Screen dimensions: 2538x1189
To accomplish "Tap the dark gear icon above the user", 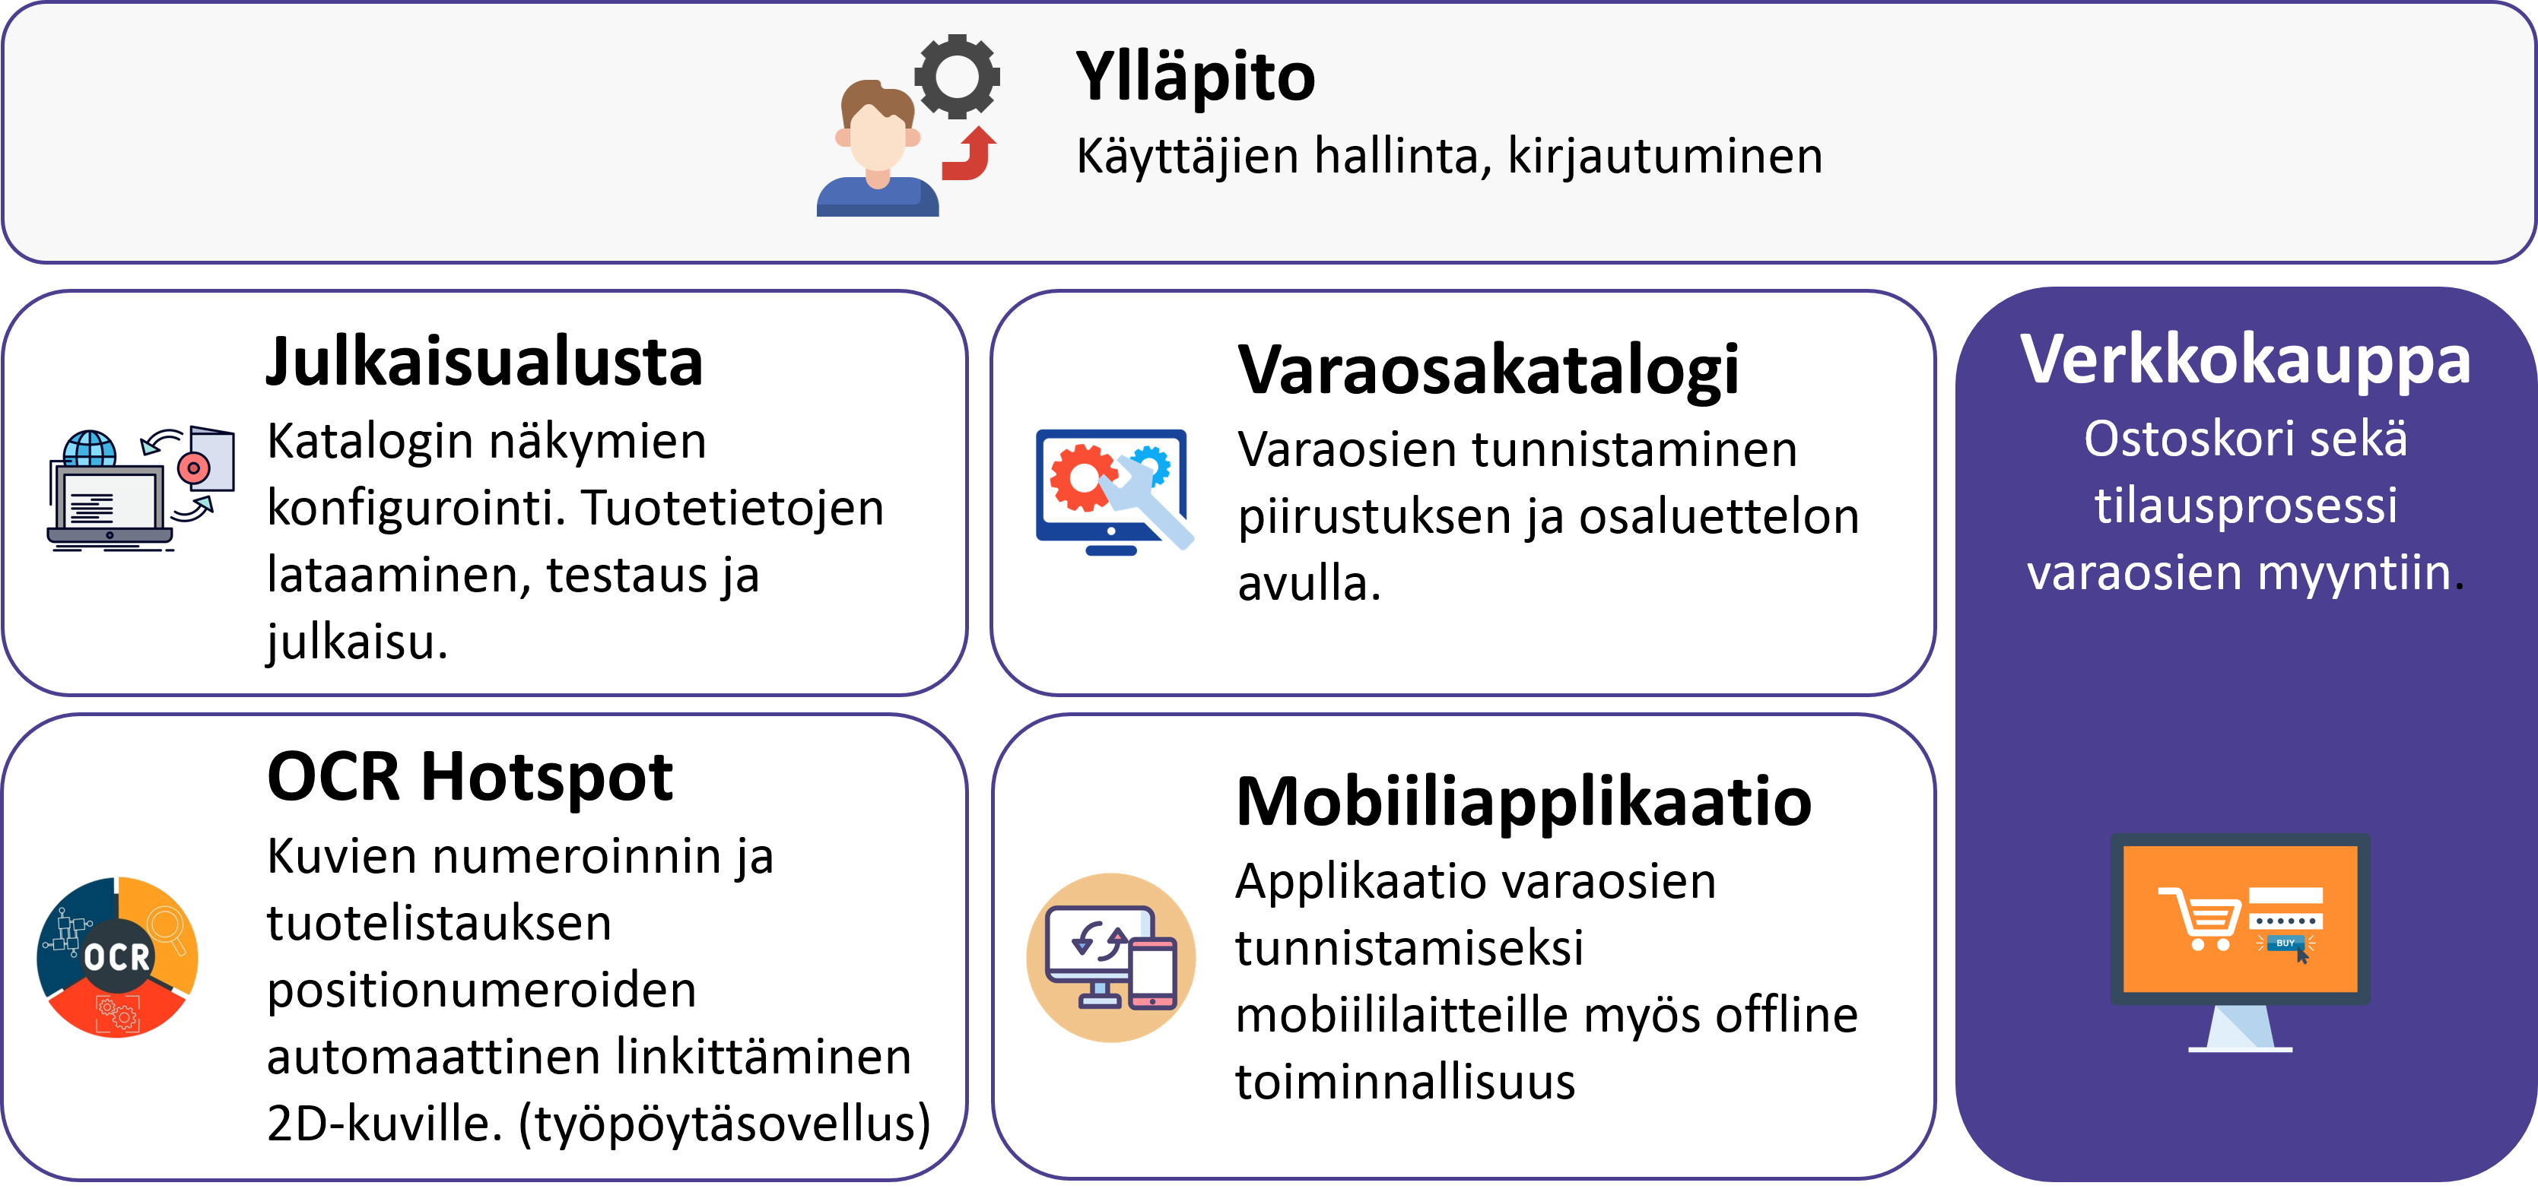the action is [x=957, y=76].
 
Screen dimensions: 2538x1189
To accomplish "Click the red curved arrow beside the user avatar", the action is [x=968, y=154].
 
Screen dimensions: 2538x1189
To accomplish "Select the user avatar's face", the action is [x=877, y=138].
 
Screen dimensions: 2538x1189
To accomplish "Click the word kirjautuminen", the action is [x=1665, y=157].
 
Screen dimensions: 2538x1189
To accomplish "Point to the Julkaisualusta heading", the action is [x=484, y=362].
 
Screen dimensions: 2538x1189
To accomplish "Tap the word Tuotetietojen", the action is [x=732, y=509].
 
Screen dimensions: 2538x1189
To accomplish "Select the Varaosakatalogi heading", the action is [x=1488, y=372].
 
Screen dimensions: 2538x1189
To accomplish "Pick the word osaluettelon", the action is [x=1720, y=517].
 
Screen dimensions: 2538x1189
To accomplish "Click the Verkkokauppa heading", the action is [x=2245, y=360].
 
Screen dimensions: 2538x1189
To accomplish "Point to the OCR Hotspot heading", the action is [x=470, y=777].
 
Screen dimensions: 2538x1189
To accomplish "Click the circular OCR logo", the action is [x=117, y=956].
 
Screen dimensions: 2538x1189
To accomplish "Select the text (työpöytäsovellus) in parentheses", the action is [x=724, y=1124].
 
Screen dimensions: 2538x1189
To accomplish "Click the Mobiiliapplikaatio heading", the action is [x=1523, y=802].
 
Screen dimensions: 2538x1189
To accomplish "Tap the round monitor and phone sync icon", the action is [x=1111, y=957].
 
